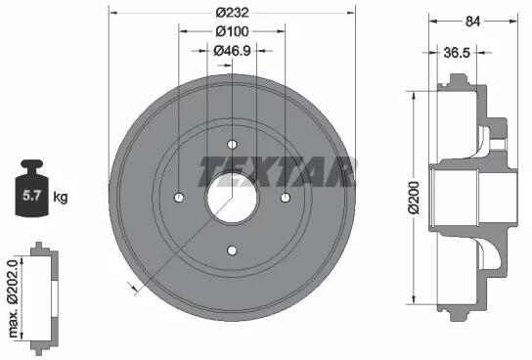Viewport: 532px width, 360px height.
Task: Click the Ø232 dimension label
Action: click(233, 13)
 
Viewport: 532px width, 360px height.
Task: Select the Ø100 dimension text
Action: click(233, 31)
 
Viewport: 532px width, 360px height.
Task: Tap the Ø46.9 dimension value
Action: click(233, 51)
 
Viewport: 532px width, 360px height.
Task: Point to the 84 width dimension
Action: click(473, 22)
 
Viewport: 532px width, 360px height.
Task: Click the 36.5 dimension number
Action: click(457, 53)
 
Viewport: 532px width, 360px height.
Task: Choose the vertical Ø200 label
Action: click(415, 198)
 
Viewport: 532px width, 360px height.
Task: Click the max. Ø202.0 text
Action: click(13, 298)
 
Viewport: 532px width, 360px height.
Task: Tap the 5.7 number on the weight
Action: click(32, 196)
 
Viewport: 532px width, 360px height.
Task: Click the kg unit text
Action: click(61, 197)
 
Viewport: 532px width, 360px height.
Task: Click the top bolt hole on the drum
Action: click(232, 144)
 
